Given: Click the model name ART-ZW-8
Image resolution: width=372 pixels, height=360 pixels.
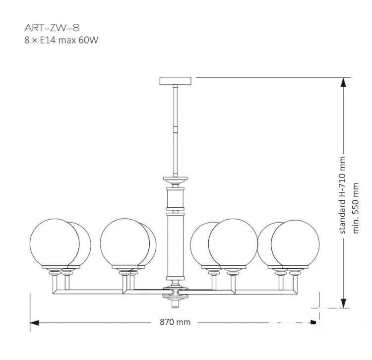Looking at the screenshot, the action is pyautogui.click(x=52, y=28).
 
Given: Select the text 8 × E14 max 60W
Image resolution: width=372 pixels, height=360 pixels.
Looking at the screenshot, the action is pyautogui.click(x=61, y=40).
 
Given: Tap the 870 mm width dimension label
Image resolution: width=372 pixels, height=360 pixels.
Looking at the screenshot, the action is pyautogui.click(x=175, y=322).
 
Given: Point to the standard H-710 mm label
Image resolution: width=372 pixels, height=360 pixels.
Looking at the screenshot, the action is pyautogui.click(x=342, y=195).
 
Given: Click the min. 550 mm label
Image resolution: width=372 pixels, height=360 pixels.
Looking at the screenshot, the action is pyautogui.click(x=356, y=208).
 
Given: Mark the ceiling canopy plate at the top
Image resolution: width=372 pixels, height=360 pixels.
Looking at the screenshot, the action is pyautogui.click(x=175, y=81).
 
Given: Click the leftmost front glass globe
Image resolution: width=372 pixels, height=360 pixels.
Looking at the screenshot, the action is pyautogui.click(x=55, y=242).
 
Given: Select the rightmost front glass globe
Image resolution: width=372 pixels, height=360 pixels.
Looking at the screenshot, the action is pyautogui.click(x=295, y=243).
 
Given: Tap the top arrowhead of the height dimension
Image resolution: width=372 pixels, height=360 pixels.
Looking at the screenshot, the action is pyautogui.click(x=343, y=82).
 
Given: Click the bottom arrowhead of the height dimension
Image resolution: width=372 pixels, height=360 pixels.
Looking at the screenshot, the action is pyautogui.click(x=343, y=303).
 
